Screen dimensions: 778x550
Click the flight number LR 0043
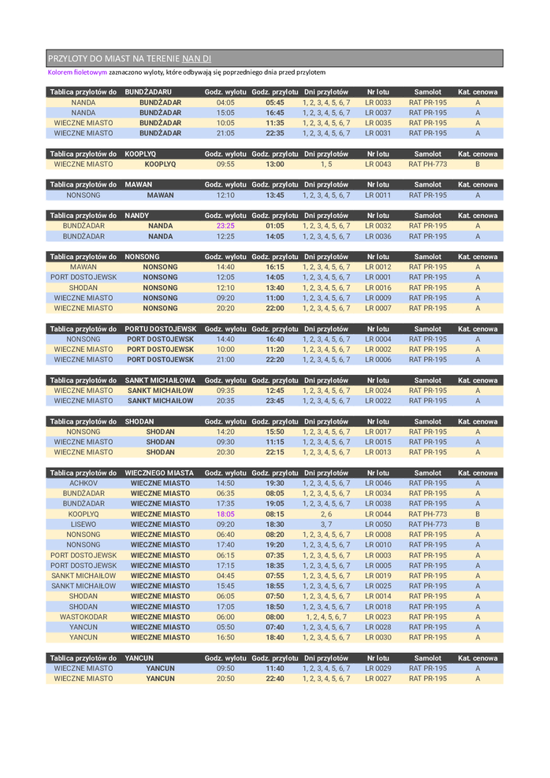[378, 165]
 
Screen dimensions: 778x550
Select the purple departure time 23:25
[225, 226]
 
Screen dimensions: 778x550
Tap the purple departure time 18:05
[225, 514]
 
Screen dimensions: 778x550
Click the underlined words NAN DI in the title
[196, 59]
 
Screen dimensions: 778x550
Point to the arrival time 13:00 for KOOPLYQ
[275, 165]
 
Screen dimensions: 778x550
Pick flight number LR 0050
[378, 524]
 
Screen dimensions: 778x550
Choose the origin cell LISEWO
[84, 524]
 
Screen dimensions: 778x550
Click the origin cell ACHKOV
[84, 483]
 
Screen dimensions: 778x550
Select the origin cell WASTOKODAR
[84, 617]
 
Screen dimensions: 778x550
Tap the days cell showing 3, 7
[326, 524]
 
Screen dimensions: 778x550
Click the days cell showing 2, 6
[326, 514]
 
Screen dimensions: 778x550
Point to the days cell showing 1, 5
[326, 165]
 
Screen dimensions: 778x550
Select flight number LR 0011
[378, 195]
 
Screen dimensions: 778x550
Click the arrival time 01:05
[275, 226]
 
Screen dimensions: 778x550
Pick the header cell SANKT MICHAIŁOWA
[161, 380]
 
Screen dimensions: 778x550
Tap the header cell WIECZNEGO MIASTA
[160, 473]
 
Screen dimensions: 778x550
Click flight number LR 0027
[378, 679]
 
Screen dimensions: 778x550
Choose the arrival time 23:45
[275, 401]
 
